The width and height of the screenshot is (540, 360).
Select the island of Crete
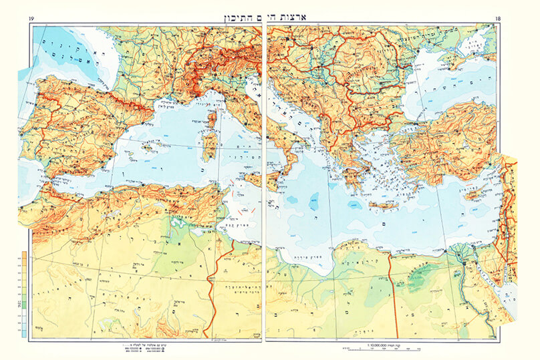coord(382,205)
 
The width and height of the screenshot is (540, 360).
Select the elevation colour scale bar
coord(24,293)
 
